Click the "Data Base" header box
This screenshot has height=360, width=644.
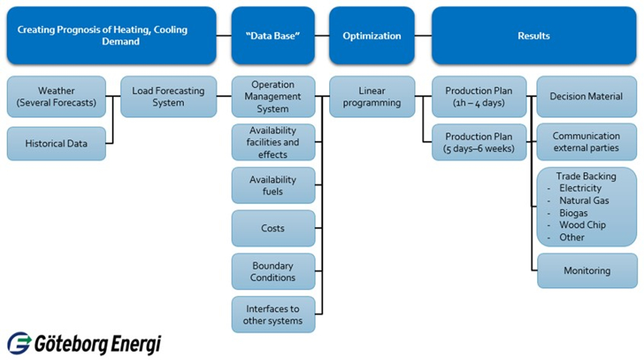(273, 35)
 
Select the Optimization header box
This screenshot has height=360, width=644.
(371, 35)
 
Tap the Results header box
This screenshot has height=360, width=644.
(534, 35)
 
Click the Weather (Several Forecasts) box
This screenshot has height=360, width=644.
(57, 97)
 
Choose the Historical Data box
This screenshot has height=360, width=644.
(57, 144)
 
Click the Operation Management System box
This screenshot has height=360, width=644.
(273, 97)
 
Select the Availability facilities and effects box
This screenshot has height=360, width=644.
(273, 142)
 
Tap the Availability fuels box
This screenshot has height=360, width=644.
(273, 185)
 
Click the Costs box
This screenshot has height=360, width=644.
(273, 228)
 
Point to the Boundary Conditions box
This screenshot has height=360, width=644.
(273, 271)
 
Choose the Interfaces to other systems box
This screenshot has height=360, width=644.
(273, 314)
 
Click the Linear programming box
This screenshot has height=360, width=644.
(371, 97)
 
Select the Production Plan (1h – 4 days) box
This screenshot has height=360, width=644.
(479, 97)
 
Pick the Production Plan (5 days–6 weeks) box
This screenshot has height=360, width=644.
(479, 142)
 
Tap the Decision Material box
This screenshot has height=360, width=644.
(586, 97)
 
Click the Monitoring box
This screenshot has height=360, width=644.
(586, 271)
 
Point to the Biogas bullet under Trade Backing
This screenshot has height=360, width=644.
(573, 213)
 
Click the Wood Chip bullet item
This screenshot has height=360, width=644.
(582, 225)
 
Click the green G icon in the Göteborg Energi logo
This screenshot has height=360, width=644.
(19, 344)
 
